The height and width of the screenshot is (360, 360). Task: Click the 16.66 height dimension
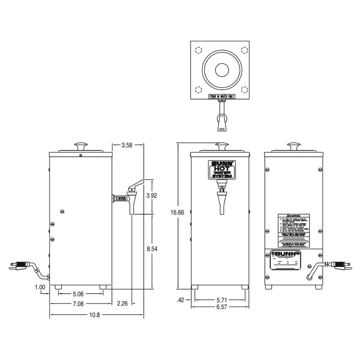(x=177, y=212)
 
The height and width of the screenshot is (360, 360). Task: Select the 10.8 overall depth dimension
(x=94, y=315)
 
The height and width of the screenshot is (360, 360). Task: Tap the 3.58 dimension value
(x=127, y=145)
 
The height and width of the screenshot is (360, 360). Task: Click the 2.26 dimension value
(x=123, y=304)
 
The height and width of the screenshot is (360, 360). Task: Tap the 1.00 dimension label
(x=40, y=287)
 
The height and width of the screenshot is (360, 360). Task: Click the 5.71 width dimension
(x=220, y=299)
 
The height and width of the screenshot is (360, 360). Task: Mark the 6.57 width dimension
(x=220, y=307)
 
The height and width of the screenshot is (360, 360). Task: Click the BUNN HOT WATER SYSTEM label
(x=220, y=170)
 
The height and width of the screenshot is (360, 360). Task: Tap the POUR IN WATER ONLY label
(x=220, y=96)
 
